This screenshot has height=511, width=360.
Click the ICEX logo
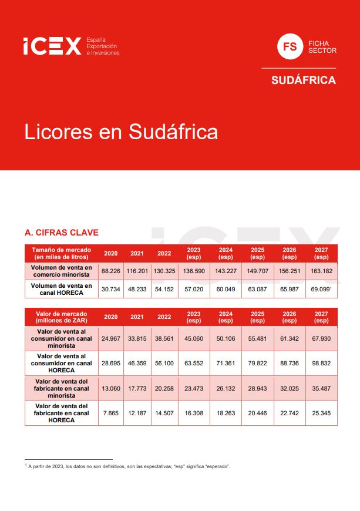(x=52, y=46)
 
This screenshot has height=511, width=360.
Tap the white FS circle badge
(x=290, y=46)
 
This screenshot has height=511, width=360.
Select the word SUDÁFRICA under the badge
(x=303, y=80)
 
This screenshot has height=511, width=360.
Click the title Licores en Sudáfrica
(x=121, y=132)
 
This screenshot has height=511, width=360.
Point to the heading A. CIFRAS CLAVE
(x=62, y=233)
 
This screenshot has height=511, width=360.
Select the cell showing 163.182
(x=321, y=271)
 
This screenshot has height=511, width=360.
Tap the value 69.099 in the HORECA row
(x=320, y=289)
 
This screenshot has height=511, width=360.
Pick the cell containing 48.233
(x=137, y=289)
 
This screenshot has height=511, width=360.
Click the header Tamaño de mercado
(x=62, y=253)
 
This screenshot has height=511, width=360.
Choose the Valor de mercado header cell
(x=62, y=317)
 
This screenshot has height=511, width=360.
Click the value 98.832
(x=321, y=364)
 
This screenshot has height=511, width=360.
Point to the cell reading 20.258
(x=164, y=388)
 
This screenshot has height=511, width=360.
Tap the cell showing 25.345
(x=321, y=413)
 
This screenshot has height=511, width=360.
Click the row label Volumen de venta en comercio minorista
(x=62, y=271)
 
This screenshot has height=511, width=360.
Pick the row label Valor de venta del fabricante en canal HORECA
(x=62, y=413)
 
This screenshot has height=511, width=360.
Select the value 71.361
(x=226, y=364)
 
